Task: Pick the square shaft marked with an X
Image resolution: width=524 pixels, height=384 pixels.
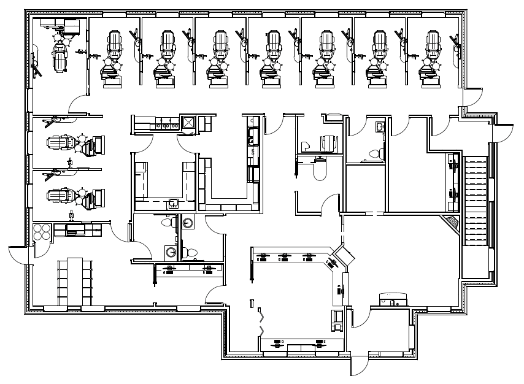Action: (x=188, y=123)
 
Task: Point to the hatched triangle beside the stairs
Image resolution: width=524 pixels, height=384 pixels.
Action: (x=453, y=223)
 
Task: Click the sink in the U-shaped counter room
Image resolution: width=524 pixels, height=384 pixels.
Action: (x=174, y=204)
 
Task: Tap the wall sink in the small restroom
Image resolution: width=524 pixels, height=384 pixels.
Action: (x=379, y=126)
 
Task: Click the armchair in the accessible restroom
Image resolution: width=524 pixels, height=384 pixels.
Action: (x=329, y=143)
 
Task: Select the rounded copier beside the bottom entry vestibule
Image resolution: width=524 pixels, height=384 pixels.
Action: (x=393, y=299)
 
